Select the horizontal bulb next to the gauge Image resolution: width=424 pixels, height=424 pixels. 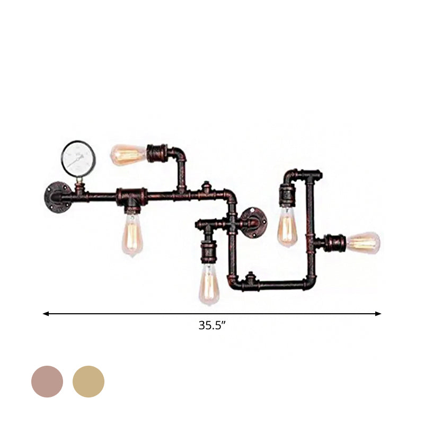[128, 154]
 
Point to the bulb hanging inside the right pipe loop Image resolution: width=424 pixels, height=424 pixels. [287, 226]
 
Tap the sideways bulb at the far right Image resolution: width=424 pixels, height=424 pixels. [364, 243]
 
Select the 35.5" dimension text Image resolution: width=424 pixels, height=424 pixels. [213, 326]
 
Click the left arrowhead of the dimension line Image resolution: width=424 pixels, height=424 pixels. [46, 314]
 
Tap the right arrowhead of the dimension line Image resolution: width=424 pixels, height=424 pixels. [378, 314]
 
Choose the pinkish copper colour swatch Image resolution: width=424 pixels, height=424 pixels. [47, 382]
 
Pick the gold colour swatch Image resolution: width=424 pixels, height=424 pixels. [89, 382]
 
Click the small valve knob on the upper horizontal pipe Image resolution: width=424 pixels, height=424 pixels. [206, 188]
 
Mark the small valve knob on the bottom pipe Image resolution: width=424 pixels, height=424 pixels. [250, 278]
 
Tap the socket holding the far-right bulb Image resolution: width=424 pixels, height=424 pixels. [335, 243]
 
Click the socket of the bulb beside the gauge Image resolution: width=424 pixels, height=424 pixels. [157, 154]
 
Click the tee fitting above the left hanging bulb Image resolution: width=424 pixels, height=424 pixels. [131, 197]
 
